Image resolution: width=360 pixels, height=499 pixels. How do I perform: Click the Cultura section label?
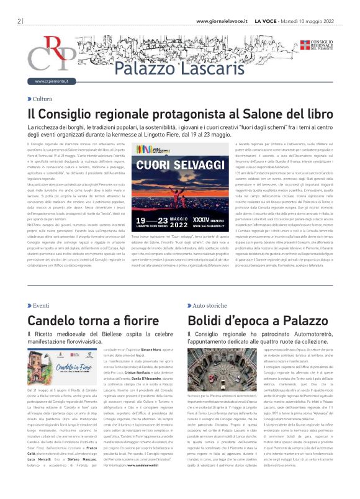(42, 99)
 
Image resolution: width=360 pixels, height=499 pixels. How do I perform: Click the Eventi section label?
(41, 306)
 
